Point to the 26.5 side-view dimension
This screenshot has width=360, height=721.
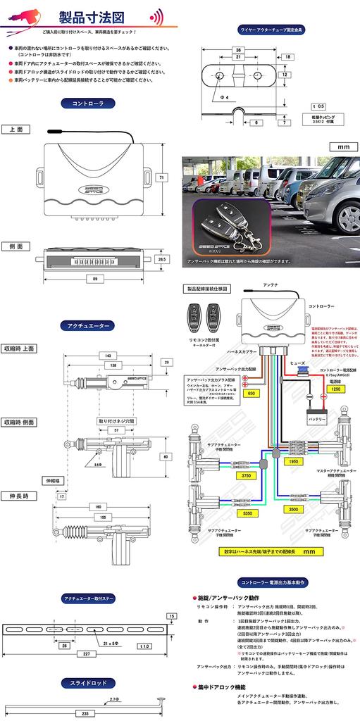pyautogui.click(x=161, y=259)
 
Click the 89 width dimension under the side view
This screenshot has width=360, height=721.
pyautogui.click(x=96, y=279)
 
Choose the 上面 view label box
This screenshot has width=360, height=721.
pyautogui.click(x=16, y=130)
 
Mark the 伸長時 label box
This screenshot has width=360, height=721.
pyautogui.click(x=20, y=496)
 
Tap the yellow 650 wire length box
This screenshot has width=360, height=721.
pyautogui.click(x=250, y=393)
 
